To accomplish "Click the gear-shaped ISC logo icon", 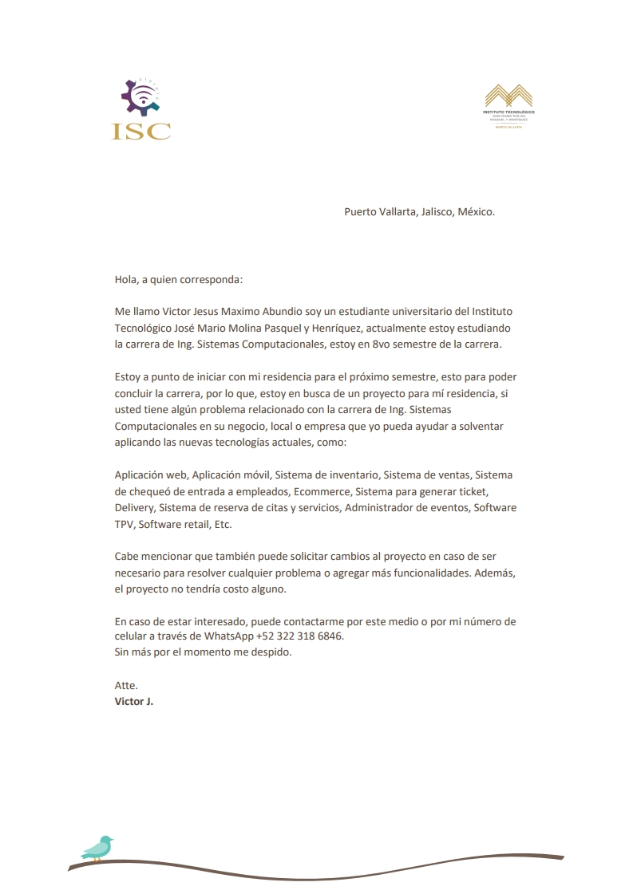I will click(x=140, y=99).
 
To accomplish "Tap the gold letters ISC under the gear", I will click(x=141, y=131).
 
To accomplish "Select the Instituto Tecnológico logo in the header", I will click(x=508, y=106).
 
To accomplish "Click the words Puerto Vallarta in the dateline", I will click(x=380, y=212).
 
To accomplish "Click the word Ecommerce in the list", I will click(x=323, y=491).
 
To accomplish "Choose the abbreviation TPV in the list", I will click(x=125, y=525).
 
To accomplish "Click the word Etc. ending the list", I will click(x=218, y=525).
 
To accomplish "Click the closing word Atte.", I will click(x=126, y=685).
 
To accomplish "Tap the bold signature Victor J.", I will click(x=133, y=702).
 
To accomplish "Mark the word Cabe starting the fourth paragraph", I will click(x=128, y=556).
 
